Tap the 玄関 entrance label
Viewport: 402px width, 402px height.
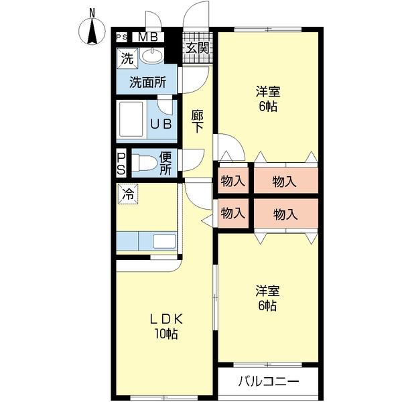pyautogui.click(x=198, y=48)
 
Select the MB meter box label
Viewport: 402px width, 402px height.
pyautogui.click(x=148, y=38)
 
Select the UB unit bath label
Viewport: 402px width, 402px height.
pyautogui.click(x=160, y=124)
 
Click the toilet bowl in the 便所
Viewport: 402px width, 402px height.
pyautogui.click(x=143, y=162)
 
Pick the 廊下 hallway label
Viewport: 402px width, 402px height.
pyautogui.click(x=198, y=121)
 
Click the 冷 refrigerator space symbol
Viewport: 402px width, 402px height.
pyautogui.click(x=127, y=194)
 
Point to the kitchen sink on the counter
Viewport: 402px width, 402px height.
pyautogui.click(x=163, y=241)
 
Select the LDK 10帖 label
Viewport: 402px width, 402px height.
pyautogui.click(x=166, y=326)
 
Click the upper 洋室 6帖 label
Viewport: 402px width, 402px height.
pyautogui.click(x=266, y=99)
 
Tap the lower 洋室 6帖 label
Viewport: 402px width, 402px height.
pyautogui.click(x=266, y=298)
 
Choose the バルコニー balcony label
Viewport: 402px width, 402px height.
pyautogui.click(x=268, y=383)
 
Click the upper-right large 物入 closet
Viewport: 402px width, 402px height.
pyautogui.click(x=285, y=180)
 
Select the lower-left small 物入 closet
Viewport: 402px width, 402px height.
pyautogui.click(x=232, y=214)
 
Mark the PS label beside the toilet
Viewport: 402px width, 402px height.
pyautogui.click(x=121, y=163)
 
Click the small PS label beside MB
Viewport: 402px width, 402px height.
pyautogui.click(x=122, y=38)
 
